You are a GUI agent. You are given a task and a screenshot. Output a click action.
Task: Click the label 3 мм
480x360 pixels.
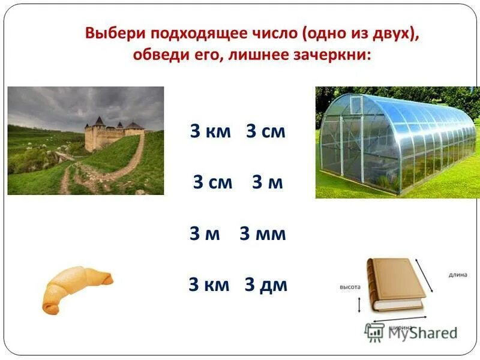coord(263,234)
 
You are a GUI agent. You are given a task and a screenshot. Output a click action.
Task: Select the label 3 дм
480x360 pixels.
coord(266,285)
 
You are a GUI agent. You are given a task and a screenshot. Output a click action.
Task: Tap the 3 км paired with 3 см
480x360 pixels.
coord(210,132)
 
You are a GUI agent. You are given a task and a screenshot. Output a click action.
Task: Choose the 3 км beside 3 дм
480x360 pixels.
coord(209,285)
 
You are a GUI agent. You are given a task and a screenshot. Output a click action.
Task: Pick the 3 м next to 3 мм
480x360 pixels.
coord(205,234)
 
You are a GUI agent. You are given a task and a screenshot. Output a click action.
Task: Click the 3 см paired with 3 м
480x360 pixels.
coord(212,183)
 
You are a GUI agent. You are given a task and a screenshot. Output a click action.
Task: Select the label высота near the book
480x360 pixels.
coord(350,287)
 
